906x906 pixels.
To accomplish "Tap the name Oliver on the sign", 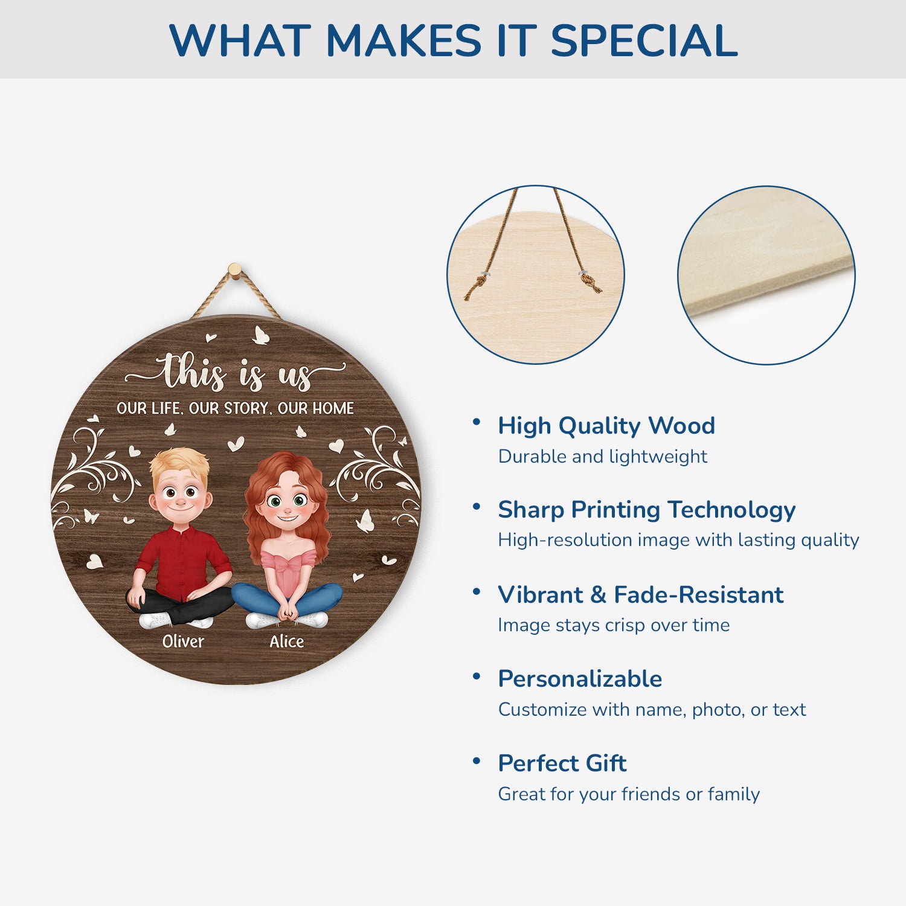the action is tap(183, 641).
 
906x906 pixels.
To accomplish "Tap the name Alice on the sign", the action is tap(286, 641).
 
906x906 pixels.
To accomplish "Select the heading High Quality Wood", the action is tap(606, 426).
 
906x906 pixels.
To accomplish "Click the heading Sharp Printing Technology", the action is tap(646, 510).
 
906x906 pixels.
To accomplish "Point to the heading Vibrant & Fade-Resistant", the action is tap(641, 594).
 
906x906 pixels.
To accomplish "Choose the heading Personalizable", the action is tap(580, 679).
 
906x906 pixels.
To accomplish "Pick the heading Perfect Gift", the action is tap(562, 763).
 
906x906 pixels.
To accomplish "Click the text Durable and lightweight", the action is tap(602, 457).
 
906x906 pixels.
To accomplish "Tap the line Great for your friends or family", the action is tap(629, 794).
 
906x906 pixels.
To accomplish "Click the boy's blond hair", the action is tap(179, 462).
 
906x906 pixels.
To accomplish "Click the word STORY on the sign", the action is tap(246, 408).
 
